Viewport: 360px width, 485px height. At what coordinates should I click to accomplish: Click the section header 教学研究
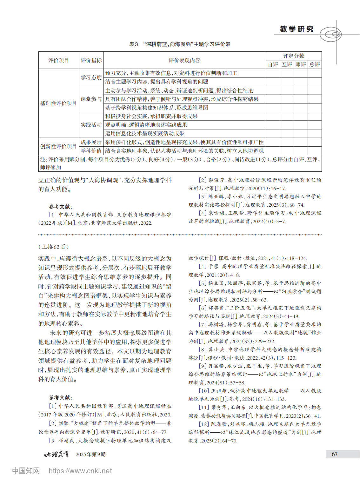click(x=297, y=29)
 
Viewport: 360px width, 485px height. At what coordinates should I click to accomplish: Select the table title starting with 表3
click(x=180, y=44)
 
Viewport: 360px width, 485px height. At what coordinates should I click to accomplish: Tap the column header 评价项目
click(x=58, y=60)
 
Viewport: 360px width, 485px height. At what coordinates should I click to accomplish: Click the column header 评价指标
click(x=91, y=60)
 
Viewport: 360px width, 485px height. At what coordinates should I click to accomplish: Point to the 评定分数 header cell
click(x=294, y=56)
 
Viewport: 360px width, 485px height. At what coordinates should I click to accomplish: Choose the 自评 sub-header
click(x=273, y=64)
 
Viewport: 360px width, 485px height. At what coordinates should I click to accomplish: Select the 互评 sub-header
click(x=287, y=64)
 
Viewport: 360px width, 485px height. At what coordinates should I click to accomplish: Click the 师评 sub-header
click(x=301, y=64)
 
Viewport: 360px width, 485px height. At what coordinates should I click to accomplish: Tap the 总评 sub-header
click(x=315, y=64)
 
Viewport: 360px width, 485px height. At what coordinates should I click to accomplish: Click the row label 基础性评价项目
click(x=58, y=103)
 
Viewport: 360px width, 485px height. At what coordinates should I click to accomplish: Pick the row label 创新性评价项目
click(x=58, y=146)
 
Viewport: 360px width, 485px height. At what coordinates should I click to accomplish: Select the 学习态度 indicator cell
click(x=91, y=77)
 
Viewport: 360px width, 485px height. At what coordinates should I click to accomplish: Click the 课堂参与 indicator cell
click(x=91, y=99)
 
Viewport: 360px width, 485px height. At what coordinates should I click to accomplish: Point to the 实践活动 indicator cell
click(x=91, y=125)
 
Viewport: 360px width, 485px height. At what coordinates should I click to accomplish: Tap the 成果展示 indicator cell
click(x=91, y=142)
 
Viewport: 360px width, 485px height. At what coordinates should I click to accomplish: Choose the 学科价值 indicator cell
click(x=91, y=151)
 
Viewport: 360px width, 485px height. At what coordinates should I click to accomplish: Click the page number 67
click(x=335, y=454)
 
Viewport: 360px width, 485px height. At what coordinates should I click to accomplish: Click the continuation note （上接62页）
click(x=53, y=247)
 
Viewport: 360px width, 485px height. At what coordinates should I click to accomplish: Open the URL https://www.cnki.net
click(x=80, y=471)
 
